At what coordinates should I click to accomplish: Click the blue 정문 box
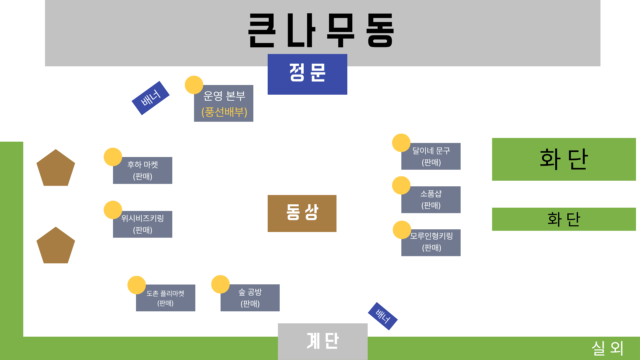[307, 74]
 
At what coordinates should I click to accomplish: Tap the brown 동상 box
[302, 213]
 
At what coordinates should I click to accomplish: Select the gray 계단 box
[323, 341]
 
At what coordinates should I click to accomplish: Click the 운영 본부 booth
[224, 104]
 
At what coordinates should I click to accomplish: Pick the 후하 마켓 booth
[143, 171]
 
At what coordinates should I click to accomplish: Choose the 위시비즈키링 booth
[143, 224]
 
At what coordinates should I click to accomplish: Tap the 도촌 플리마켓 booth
[166, 298]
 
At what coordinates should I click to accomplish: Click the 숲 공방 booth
[250, 298]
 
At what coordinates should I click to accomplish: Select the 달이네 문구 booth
[431, 157]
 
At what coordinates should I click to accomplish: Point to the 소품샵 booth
[431, 200]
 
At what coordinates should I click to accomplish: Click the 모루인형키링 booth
[431, 243]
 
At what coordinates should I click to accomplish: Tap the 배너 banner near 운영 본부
[151, 98]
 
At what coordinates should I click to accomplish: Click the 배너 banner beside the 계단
[383, 316]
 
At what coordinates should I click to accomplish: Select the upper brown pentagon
[56, 169]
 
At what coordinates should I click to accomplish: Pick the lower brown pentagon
[56, 246]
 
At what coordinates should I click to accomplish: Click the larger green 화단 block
[564, 159]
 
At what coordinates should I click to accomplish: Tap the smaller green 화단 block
[564, 219]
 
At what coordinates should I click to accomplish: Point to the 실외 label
[607, 348]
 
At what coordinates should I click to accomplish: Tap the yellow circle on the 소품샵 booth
[401, 185]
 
